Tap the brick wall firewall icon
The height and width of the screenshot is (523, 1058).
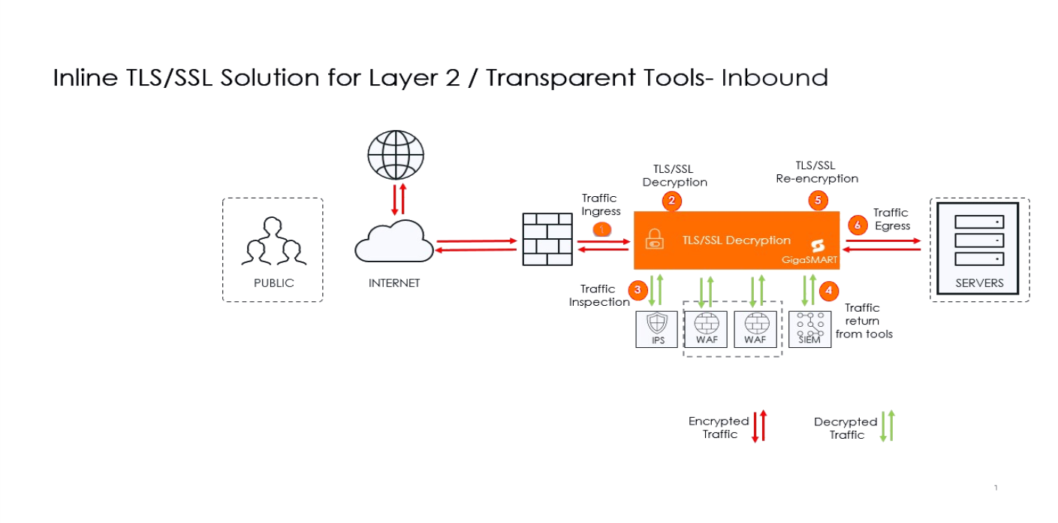(x=547, y=239)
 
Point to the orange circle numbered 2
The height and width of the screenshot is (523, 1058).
(x=671, y=201)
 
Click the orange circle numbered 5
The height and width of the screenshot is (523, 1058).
(x=817, y=201)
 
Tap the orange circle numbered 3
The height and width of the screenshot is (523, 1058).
(x=638, y=289)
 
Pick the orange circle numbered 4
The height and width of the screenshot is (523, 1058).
(x=828, y=289)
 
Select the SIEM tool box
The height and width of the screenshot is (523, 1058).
(x=809, y=328)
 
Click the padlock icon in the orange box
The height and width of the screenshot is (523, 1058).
(x=654, y=238)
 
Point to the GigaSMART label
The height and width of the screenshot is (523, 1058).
(x=808, y=260)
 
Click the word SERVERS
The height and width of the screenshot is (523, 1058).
(x=979, y=283)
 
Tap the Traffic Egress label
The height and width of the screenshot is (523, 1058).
(x=891, y=219)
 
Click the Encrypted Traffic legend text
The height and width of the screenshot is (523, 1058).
(x=719, y=428)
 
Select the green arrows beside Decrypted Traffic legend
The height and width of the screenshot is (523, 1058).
(x=888, y=425)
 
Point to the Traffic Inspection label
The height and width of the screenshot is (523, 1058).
(x=598, y=295)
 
